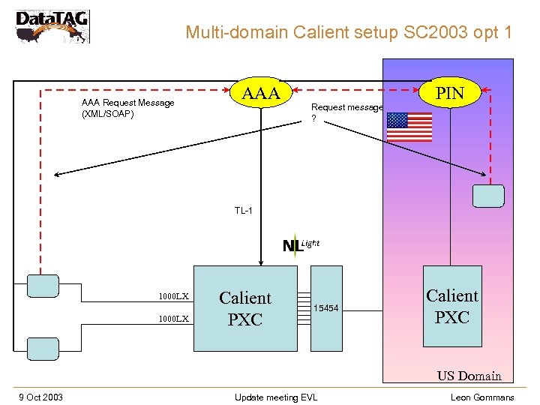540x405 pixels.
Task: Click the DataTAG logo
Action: pyautogui.click(x=52, y=27)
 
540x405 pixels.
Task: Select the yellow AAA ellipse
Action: pyautogui.click(x=260, y=94)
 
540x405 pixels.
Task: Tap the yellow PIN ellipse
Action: pyautogui.click(x=450, y=94)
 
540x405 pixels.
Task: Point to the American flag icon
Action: pyautogui.click(x=409, y=127)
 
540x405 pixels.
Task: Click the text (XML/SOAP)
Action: pyautogui.click(x=108, y=115)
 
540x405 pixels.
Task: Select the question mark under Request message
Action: pyautogui.click(x=313, y=118)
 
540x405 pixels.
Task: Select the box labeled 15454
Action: pyautogui.click(x=326, y=308)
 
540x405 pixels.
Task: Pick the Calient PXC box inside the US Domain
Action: pyautogui.click(x=452, y=306)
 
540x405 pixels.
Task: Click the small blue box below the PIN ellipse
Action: pyautogui.click(x=488, y=195)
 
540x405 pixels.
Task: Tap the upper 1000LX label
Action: pyautogui.click(x=173, y=296)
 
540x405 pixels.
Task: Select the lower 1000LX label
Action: pyautogui.click(x=173, y=319)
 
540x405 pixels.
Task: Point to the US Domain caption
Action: pyautogui.click(x=469, y=376)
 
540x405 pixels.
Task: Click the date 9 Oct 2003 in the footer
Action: pyautogui.click(x=41, y=397)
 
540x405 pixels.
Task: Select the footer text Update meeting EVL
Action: pyautogui.click(x=275, y=397)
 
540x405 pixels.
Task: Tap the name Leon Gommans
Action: pyautogui.click(x=482, y=397)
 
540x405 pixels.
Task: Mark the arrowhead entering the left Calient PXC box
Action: pyautogui.click(x=260, y=262)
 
